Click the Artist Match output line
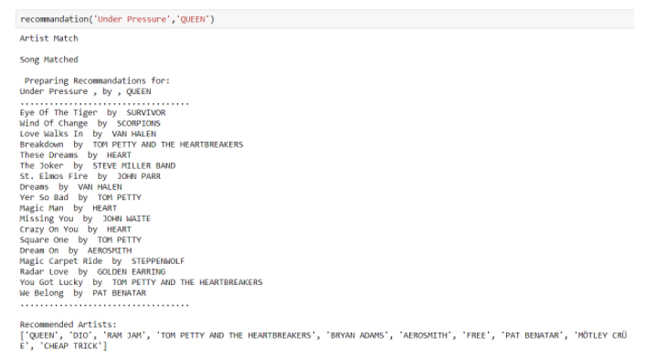pyautogui.click(x=49, y=38)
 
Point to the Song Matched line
pyautogui.click(x=49, y=59)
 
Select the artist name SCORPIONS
pyautogui.click(x=138, y=123)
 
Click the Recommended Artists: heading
pyautogui.click(x=69, y=324)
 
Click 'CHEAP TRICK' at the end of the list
pyautogui.click(x=69, y=345)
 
